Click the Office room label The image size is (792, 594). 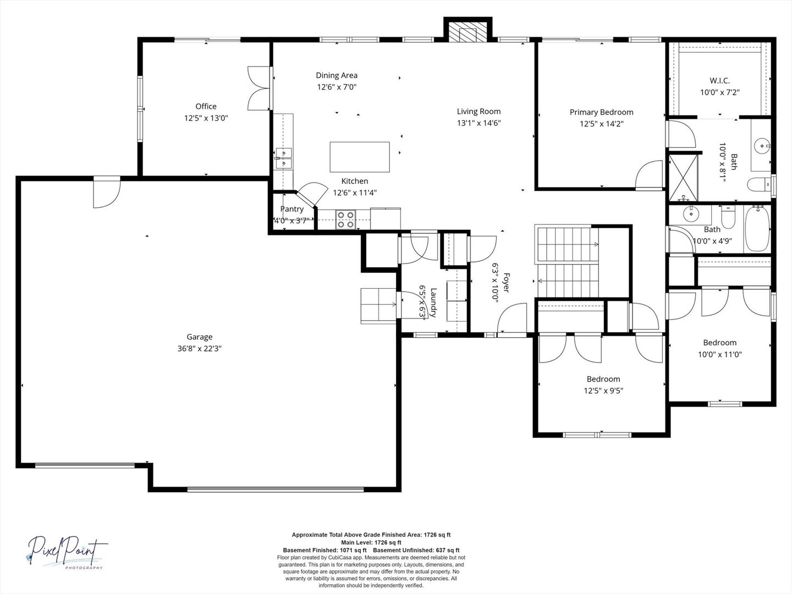tap(206, 106)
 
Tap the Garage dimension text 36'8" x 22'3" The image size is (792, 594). tap(199, 348)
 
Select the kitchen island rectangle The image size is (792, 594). tap(360, 157)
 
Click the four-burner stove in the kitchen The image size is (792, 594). tap(345, 219)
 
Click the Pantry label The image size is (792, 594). tap(292, 209)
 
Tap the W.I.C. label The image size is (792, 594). tap(720, 81)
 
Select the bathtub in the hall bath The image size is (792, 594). tap(757, 228)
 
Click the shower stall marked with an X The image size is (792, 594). tap(684, 178)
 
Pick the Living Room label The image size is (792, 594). tap(479, 112)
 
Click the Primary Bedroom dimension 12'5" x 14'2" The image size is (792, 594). tap(602, 124)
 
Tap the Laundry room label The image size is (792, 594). tap(433, 303)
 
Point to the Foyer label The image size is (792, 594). tap(506, 282)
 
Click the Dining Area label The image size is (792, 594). tap(337, 75)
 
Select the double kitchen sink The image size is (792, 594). tap(284, 159)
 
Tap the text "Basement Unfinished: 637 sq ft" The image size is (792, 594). tap(416, 550)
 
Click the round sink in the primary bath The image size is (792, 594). tap(762, 146)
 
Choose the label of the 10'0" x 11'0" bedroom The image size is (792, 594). tap(719, 343)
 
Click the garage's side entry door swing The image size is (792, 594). tap(107, 195)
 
